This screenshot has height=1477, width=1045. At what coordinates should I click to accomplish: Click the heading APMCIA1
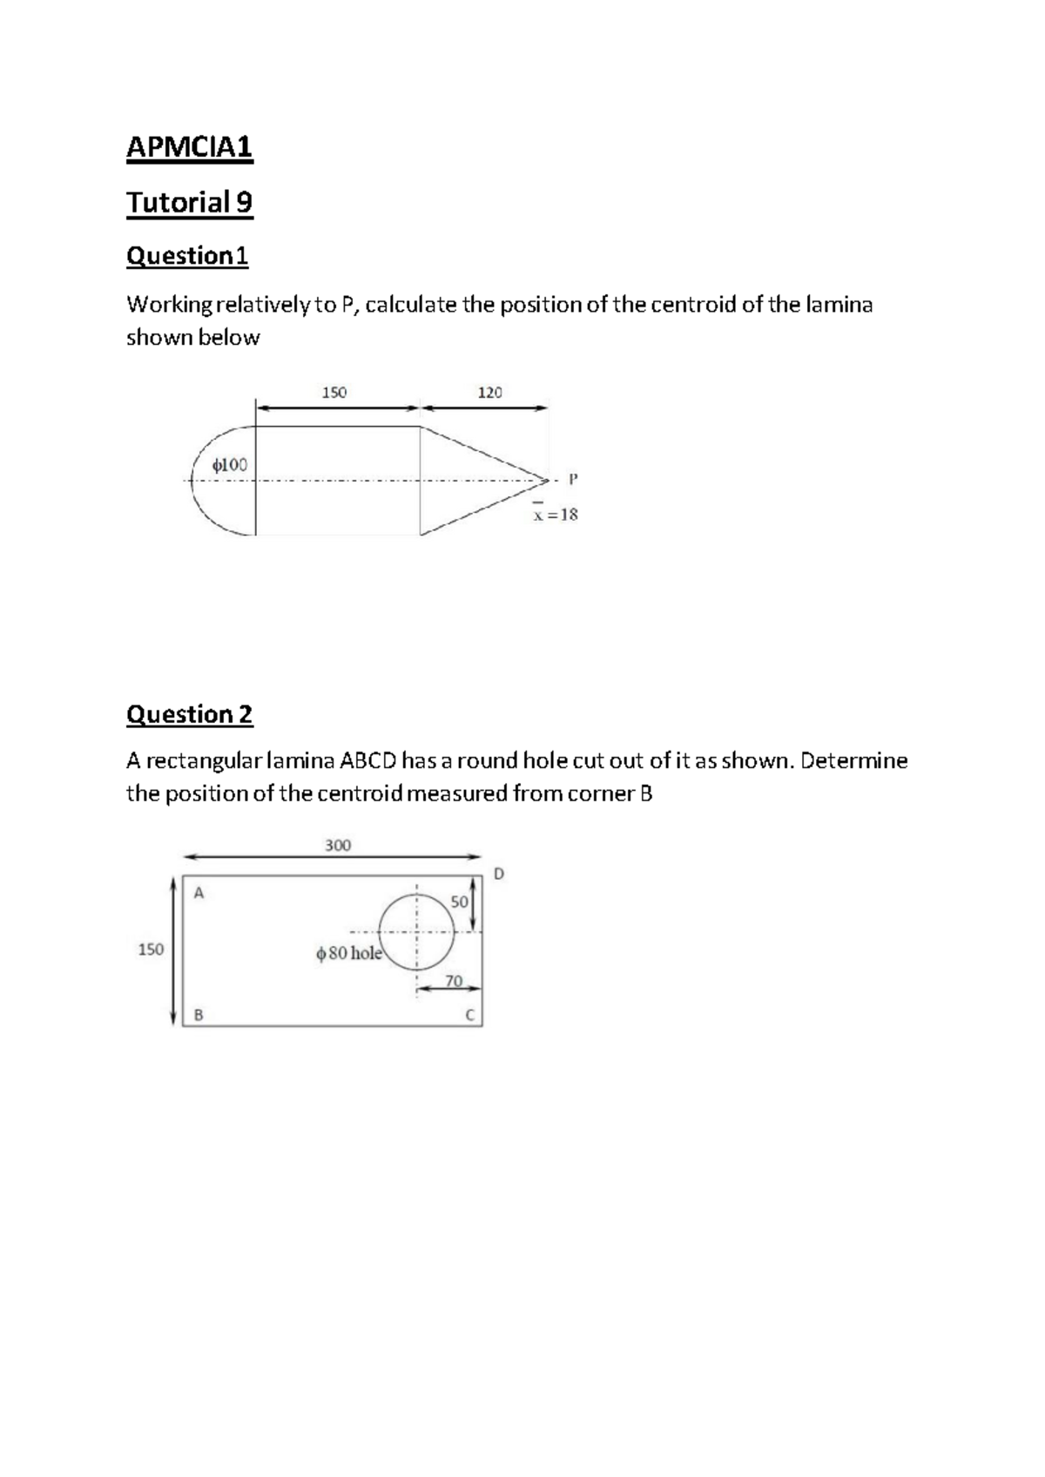tap(189, 147)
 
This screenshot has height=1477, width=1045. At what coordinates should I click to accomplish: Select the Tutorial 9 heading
tap(189, 202)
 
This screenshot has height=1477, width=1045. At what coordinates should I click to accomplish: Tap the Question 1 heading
tap(187, 256)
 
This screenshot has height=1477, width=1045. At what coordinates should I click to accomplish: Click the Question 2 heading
tap(189, 714)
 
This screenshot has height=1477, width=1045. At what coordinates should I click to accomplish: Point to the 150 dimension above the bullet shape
tap(334, 393)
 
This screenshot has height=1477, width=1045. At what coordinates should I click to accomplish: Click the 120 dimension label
tap(490, 393)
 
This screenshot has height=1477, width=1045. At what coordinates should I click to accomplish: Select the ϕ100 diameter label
tap(230, 465)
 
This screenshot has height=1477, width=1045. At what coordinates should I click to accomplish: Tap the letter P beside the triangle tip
tap(572, 478)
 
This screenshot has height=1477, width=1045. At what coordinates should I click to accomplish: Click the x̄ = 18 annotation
tap(556, 514)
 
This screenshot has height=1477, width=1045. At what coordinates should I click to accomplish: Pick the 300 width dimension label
tap(338, 845)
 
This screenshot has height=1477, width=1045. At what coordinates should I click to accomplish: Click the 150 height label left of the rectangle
tap(151, 949)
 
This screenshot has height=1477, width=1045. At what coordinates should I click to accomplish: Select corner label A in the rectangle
tap(199, 893)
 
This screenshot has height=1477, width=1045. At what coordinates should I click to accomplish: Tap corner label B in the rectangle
tap(199, 1015)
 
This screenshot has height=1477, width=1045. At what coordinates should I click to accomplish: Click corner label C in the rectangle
tap(469, 1015)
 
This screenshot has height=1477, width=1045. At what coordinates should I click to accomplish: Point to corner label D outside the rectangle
tap(498, 873)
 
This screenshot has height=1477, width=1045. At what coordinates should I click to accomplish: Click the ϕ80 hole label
tap(349, 953)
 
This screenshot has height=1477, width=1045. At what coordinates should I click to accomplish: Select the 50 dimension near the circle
tap(459, 901)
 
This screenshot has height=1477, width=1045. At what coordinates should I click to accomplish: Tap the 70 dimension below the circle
tap(454, 981)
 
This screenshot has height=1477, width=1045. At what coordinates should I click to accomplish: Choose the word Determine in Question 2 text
tap(853, 761)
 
